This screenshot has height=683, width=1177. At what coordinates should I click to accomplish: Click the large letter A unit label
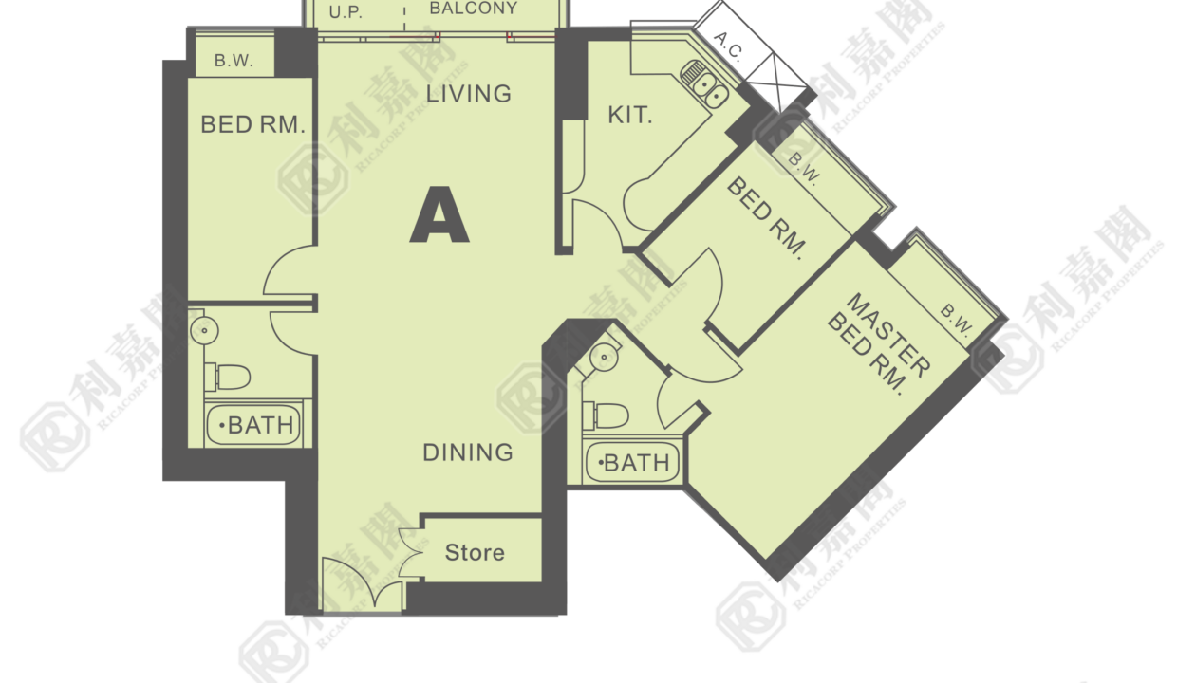[x=439, y=215]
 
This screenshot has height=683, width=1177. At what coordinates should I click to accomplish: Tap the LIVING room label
[x=468, y=94]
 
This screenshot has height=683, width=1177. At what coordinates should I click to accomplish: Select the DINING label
[x=468, y=452]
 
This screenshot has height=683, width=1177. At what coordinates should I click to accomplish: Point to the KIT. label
[x=630, y=115]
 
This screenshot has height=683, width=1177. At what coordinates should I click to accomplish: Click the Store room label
[x=475, y=552]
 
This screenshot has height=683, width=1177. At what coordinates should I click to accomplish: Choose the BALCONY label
[x=474, y=9]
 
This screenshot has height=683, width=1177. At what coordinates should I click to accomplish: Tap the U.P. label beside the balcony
[x=346, y=12]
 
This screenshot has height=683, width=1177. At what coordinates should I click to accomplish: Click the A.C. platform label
[x=729, y=46]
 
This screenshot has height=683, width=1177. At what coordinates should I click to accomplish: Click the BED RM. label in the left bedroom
[x=252, y=125]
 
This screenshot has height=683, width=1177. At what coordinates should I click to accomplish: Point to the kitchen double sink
[x=705, y=83]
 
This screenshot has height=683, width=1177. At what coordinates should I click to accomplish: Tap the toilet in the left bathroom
[x=228, y=377]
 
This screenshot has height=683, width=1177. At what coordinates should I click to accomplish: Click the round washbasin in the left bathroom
[x=204, y=330]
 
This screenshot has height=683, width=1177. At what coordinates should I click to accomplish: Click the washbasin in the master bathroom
[x=604, y=357]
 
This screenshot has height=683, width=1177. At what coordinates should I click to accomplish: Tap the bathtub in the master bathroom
[x=632, y=463]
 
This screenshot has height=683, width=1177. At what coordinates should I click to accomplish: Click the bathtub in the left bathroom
[x=254, y=424]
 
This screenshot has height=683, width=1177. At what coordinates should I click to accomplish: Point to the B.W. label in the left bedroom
[x=234, y=61]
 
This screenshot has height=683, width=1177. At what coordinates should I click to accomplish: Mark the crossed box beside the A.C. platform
[x=776, y=81]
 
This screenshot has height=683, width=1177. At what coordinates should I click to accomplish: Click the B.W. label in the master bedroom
[x=956, y=320]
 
